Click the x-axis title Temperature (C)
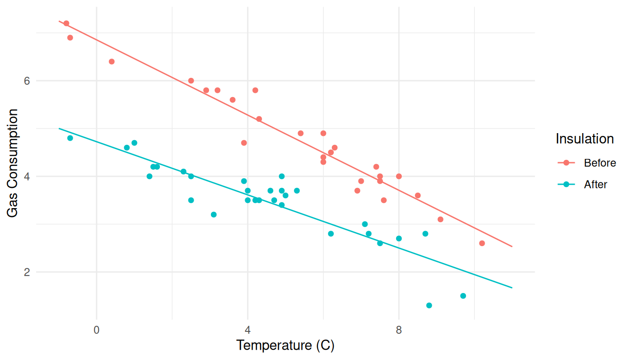(285, 345)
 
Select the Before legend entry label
(600, 163)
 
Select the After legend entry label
(595, 185)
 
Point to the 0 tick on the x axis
(97, 330)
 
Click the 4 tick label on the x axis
(247, 330)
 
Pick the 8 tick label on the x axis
(399, 330)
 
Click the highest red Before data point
(66, 23)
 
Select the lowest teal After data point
(429, 306)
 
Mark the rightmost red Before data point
(482, 243)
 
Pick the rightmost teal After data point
(463, 296)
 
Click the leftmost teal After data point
(70, 138)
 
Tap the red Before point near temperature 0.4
(112, 61)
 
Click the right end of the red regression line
(512, 247)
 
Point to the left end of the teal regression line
(59, 128)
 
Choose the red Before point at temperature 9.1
(440, 219)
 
